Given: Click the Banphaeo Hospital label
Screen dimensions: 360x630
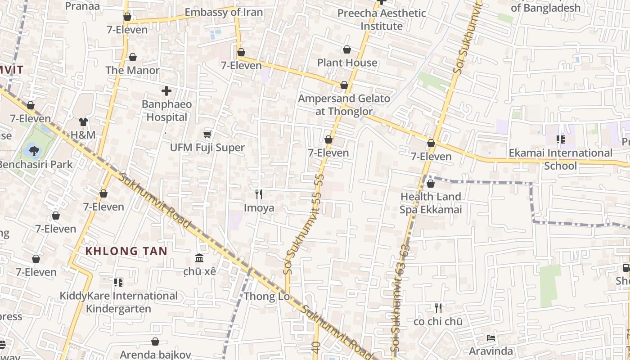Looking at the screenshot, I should pos(166,111).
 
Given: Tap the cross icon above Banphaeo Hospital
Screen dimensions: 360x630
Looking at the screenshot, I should pos(166,91).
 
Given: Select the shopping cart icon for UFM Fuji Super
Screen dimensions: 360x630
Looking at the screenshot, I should pos(207,134).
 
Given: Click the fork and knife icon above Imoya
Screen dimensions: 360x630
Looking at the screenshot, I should pos(259,194).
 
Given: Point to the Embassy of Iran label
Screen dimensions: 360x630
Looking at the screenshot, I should pos(224,12).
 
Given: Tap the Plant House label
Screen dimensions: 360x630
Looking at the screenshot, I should pos(347,63).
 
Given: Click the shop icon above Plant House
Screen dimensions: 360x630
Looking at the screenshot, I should pos(347,49).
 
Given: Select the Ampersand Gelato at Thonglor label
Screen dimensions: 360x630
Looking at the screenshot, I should pos(344,105).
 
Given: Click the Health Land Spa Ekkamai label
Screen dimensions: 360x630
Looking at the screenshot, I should pos(431,203).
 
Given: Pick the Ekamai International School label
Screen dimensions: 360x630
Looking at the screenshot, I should pos(560,159).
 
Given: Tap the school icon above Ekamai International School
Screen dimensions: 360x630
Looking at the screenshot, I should pos(560,139).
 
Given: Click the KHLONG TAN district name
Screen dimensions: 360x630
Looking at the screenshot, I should pos(126,251).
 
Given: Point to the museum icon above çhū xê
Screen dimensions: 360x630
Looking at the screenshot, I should pos(199,258).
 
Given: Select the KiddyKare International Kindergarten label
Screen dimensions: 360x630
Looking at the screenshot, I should pos(119,302).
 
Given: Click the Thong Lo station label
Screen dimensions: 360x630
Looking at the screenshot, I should pos(266,297).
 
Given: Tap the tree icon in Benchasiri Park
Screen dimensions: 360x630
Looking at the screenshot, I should pos(34,150).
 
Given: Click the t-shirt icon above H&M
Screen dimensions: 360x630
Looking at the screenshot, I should pos(83,121).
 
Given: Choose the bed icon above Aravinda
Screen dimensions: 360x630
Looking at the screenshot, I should pos(491,337).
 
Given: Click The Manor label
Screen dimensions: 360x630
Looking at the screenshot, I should pos(132,70).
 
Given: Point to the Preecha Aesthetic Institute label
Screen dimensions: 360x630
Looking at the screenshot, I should pos(382,19).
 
